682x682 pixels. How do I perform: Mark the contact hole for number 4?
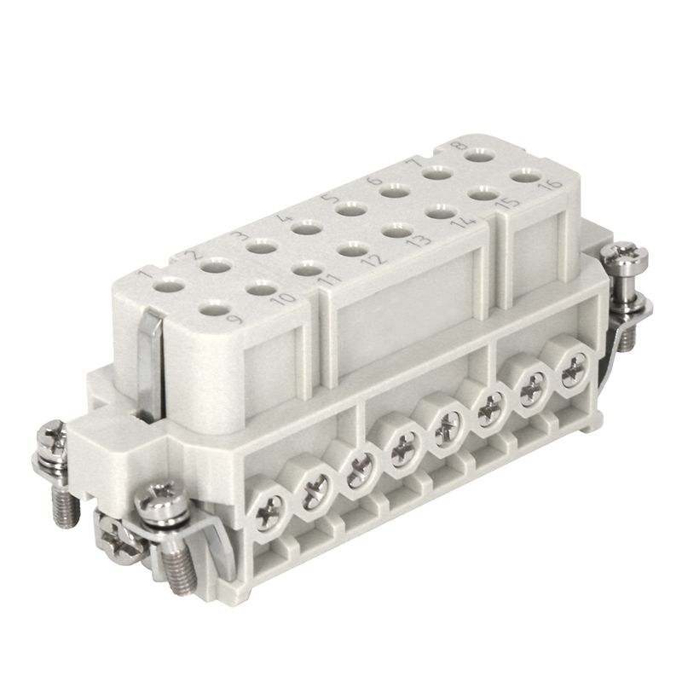303,227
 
